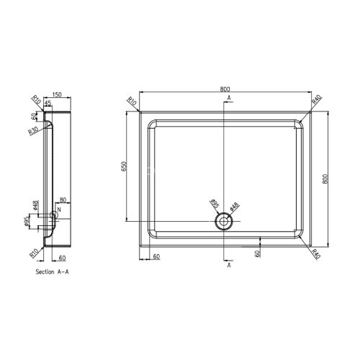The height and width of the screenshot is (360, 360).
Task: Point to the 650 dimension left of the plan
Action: point(124,168)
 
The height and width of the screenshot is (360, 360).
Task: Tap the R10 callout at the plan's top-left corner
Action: point(132,102)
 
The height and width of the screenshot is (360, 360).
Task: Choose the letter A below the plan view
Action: point(229,266)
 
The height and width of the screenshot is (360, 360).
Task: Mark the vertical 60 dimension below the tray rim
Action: point(257,253)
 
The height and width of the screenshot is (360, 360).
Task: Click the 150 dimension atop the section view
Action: point(56,94)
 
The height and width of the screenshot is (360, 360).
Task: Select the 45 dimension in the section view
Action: point(48,104)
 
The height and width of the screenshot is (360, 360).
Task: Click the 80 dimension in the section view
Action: point(63,199)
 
